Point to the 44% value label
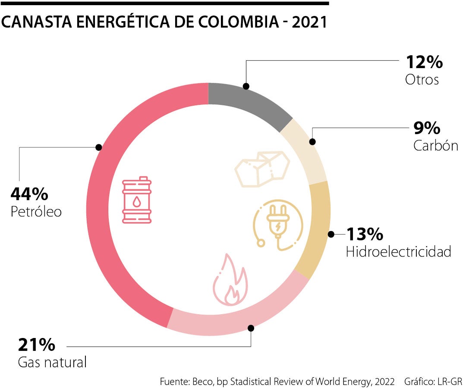pyautogui.click(x=29, y=194)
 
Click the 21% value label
pyautogui.click(x=37, y=345)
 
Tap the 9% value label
pyautogui.click(x=427, y=128)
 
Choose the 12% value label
pyautogui.click(x=424, y=62)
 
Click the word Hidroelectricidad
pyautogui.click(x=398, y=252)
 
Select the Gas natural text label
pyautogui.click(x=52, y=362)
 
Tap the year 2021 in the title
pyautogui.click(x=309, y=22)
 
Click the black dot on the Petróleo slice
pyautogui.click(x=99, y=147)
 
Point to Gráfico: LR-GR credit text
pyautogui.click(x=433, y=382)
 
